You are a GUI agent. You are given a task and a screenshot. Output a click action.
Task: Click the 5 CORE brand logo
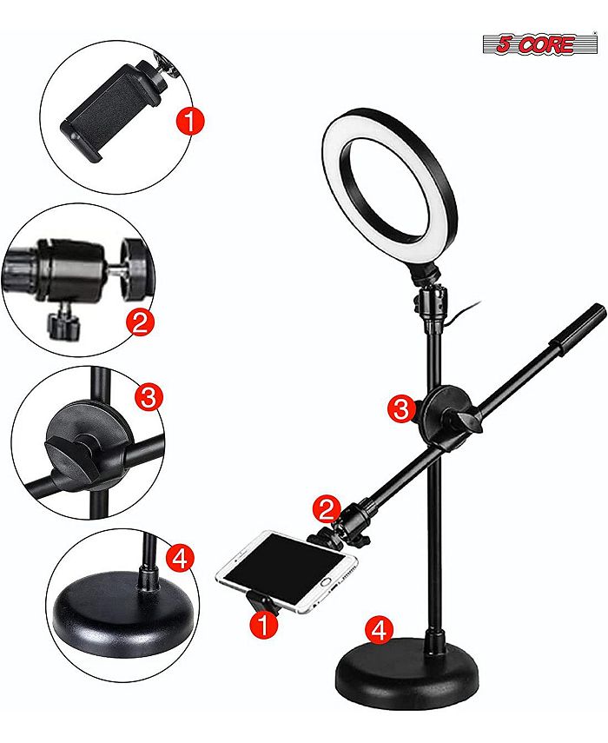click(536, 43)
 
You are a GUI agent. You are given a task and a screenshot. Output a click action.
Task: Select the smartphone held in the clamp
click(287, 571)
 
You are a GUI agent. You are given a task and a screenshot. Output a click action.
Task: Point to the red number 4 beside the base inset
click(178, 558)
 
